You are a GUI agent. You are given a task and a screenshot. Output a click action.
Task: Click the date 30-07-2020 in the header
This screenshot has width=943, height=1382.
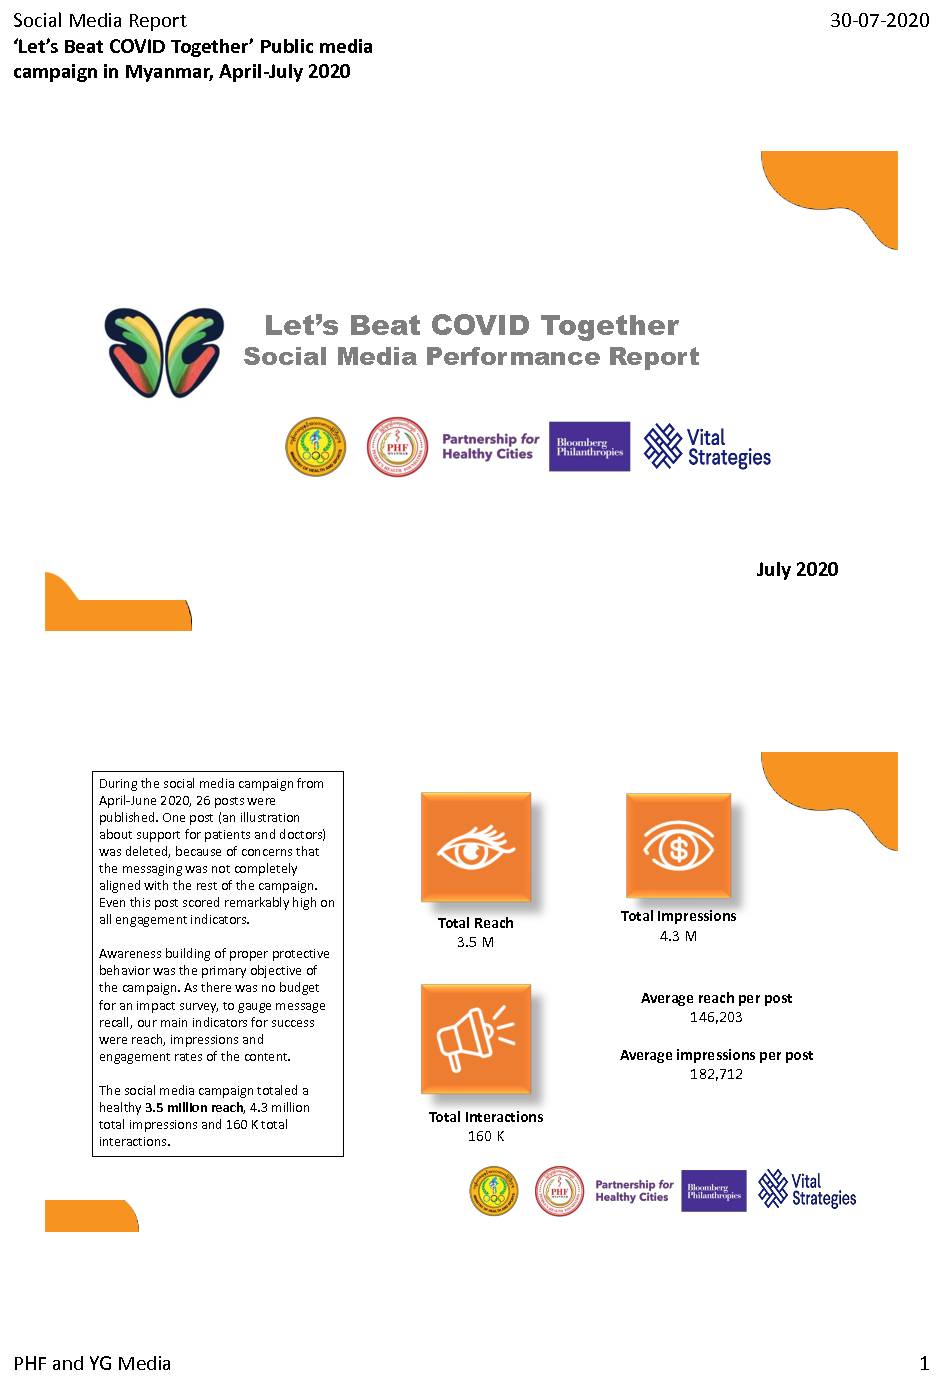coord(879,20)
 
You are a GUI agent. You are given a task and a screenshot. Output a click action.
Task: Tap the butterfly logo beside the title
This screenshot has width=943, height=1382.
coord(165,352)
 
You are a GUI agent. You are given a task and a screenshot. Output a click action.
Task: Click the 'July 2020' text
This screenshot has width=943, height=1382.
coord(797,569)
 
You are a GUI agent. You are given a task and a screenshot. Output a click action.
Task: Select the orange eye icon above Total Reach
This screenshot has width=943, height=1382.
coord(476,848)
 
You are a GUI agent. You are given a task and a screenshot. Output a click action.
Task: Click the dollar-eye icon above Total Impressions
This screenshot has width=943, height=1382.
coord(679,846)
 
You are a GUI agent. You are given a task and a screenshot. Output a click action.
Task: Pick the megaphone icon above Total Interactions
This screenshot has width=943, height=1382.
coord(476,1039)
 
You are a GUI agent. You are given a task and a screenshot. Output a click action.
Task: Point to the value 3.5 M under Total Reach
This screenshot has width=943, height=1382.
coord(475,942)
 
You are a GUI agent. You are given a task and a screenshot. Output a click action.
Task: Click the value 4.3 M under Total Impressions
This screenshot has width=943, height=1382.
coord(678,936)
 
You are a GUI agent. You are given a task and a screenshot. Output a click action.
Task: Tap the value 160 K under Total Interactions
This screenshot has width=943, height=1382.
coord(486,1136)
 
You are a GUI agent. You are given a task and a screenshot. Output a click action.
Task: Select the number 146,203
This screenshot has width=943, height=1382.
coord(716,1017)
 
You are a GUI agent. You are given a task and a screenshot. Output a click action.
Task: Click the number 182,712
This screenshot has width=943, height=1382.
coord(716,1074)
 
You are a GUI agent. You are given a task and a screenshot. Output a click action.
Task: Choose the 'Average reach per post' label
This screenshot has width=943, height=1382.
coord(716,998)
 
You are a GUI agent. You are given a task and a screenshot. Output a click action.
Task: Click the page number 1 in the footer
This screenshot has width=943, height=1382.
coord(924,1363)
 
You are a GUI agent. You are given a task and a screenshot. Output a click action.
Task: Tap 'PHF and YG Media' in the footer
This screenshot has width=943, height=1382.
coord(92,1363)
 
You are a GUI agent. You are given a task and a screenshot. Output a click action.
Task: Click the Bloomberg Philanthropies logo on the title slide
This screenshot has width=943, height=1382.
coord(589,447)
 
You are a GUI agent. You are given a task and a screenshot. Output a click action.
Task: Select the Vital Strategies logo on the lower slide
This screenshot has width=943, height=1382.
coord(807,1190)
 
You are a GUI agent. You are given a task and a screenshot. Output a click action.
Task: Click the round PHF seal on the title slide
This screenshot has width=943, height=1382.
coord(397,447)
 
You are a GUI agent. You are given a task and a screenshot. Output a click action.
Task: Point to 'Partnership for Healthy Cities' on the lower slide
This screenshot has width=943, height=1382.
coord(634,1190)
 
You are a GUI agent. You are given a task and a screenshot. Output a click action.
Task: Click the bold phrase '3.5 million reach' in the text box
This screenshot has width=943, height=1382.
coord(194,1107)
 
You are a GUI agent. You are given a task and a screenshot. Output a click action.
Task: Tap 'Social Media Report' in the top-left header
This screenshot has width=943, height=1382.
coord(100,20)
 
